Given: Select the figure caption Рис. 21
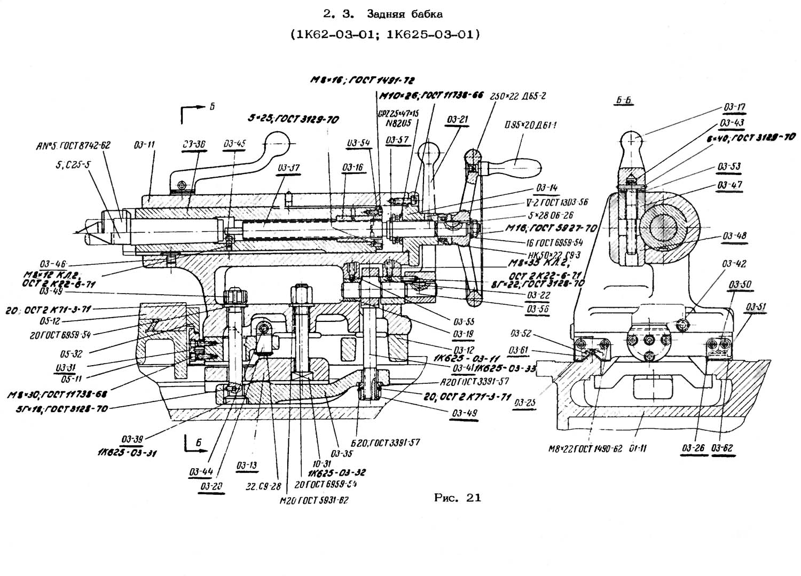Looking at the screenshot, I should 458,498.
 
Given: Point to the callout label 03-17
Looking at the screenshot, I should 735,107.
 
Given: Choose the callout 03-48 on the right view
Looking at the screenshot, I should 735,236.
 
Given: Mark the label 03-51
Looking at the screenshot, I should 756,307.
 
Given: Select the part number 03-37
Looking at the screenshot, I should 288,168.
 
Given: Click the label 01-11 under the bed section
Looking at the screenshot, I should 637,448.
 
